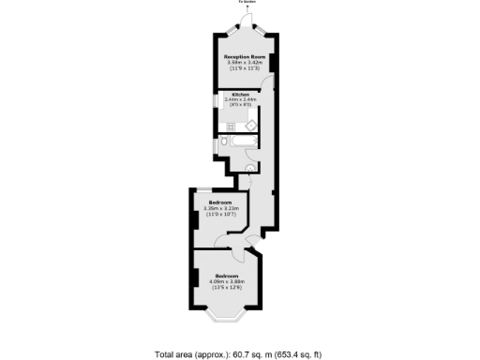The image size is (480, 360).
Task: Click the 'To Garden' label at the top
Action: (x=247, y=3)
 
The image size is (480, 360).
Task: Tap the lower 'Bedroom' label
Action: (x=226, y=276)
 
